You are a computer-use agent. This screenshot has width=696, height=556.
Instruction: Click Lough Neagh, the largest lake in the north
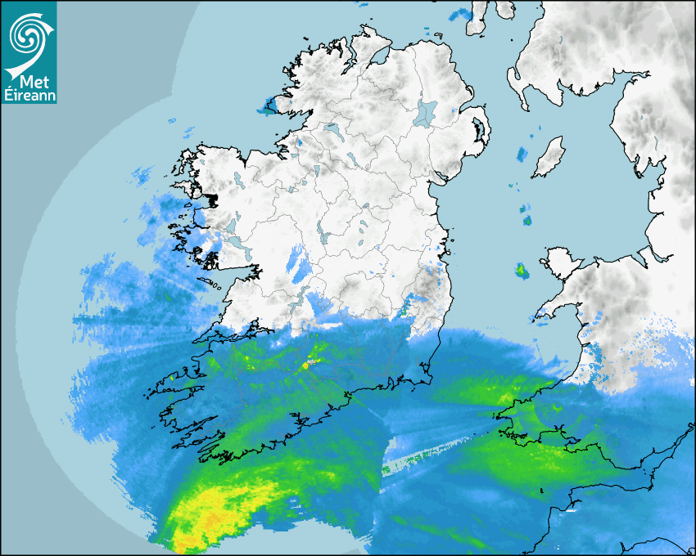coord(427,112)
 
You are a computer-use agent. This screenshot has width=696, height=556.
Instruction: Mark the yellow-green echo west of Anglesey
coord(522,269)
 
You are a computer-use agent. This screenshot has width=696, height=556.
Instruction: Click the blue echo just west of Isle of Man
coord(522,153)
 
